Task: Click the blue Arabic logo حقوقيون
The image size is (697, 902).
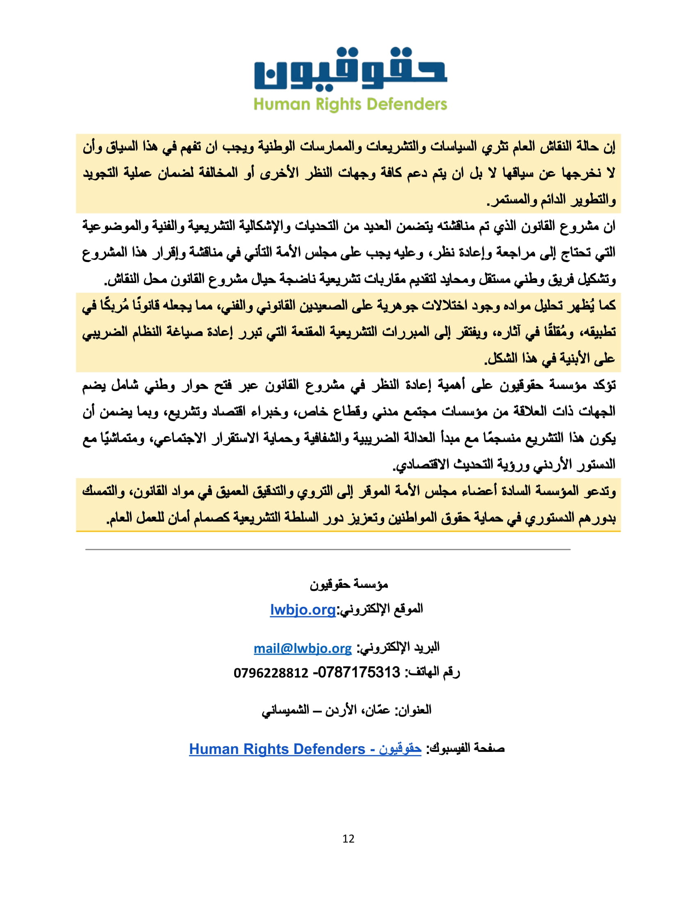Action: pyautogui.click(x=350, y=69)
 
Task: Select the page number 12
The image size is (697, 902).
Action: pyautogui.click(x=348, y=838)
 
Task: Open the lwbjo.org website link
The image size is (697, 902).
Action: pyautogui.click(x=303, y=610)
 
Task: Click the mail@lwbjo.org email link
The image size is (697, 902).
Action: pyautogui.click(x=303, y=649)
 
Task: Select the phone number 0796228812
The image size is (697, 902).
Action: pyautogui.click(x=271, y=673)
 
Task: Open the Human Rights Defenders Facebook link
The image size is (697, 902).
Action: pyautogui.click(x=305, y=749)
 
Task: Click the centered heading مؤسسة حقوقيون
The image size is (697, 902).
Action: pyautogui.click(x=349, y=584)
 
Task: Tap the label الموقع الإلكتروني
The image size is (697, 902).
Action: pyautogui.click(x=380, y=609)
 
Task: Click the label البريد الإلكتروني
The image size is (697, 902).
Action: pyautogui.click(x=398, y=647)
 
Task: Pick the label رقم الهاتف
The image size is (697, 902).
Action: pyautogui.click(x=433, y=672)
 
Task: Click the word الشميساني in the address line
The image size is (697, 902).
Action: pyautogui.click(x=285, y=711)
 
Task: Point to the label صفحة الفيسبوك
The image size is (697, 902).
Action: pyautogui.click(x=466, y=748)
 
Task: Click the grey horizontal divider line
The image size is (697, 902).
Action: pyautogui.click(x=328, y=550)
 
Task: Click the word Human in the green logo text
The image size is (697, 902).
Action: pyautogui.click(x=282, y=105)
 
